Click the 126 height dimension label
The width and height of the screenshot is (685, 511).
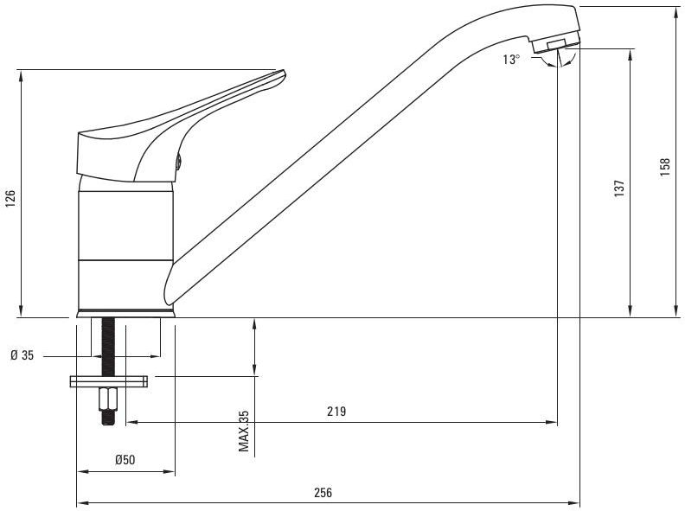tap(10, 198)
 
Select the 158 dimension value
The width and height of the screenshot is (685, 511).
tap(664, 167)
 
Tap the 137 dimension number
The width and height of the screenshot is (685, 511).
tap(619, 188)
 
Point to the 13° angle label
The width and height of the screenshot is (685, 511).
tap(511, 60)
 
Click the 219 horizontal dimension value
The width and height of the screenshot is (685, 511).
tap(336, 411)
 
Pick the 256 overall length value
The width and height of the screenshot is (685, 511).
tap(323, 492)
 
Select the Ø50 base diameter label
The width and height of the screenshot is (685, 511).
tap(125, 459)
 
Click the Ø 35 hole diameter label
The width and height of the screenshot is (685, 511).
tap(22, 355)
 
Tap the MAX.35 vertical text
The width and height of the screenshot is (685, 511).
tap(243, 431)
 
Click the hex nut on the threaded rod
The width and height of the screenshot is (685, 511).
tap(108, 399)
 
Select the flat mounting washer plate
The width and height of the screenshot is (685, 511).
tap(108, 381)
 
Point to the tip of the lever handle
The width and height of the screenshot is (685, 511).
tap(284, 72)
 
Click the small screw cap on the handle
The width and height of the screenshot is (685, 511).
tap(178, 162)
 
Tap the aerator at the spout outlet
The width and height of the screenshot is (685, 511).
tap(555, 44)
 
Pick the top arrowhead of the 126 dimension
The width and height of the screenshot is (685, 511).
tap(21, 75)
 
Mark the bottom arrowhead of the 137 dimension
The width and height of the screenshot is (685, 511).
tap(630, 311)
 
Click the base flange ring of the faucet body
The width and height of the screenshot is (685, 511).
tap(125, 313)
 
